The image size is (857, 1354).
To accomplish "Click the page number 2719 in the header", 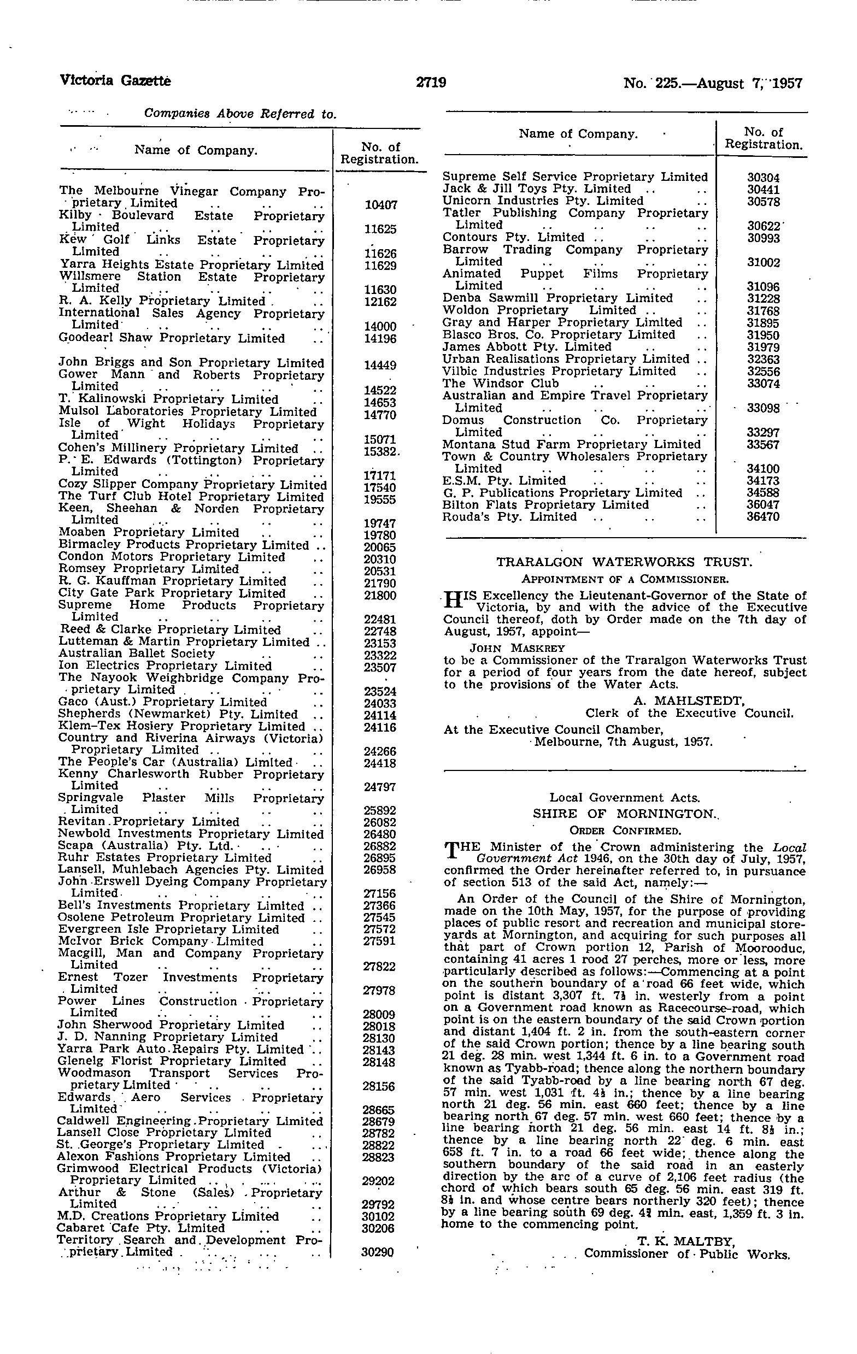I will pyautogui.click(x=431, y=83).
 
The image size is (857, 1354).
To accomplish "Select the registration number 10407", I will pyautogui.click(x=381, y=205).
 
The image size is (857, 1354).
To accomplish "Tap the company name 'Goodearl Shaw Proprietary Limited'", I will pyautogui.click(x=172, y=339).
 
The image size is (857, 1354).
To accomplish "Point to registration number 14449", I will pyautogui.click(x=380, y=365).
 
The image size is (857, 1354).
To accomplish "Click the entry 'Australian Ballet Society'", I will pyautogui.click(x=137, y=654).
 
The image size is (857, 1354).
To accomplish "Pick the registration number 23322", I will pyautogui.click(x=380, y=656).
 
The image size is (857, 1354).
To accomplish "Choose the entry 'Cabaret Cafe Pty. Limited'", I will pyautogui.click(x=141, y=1228).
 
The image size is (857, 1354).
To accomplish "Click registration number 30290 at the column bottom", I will pyautogui.click(x=377, y=1252).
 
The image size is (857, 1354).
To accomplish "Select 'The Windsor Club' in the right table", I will pyautogui.click(x=501, y=384).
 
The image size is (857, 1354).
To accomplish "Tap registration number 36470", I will pyautogui.click(x=763, y=517).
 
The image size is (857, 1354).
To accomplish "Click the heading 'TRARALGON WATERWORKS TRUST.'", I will pyautogui.click(x=624, y=562).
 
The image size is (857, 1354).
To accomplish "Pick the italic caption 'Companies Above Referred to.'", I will pyautogui.click(x=240, y=114).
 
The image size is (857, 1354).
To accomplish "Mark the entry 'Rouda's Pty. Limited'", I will pyautogui.click(x=509, y=517).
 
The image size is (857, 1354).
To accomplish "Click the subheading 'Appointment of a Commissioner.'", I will pyautogui.click(x=625, y=578).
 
